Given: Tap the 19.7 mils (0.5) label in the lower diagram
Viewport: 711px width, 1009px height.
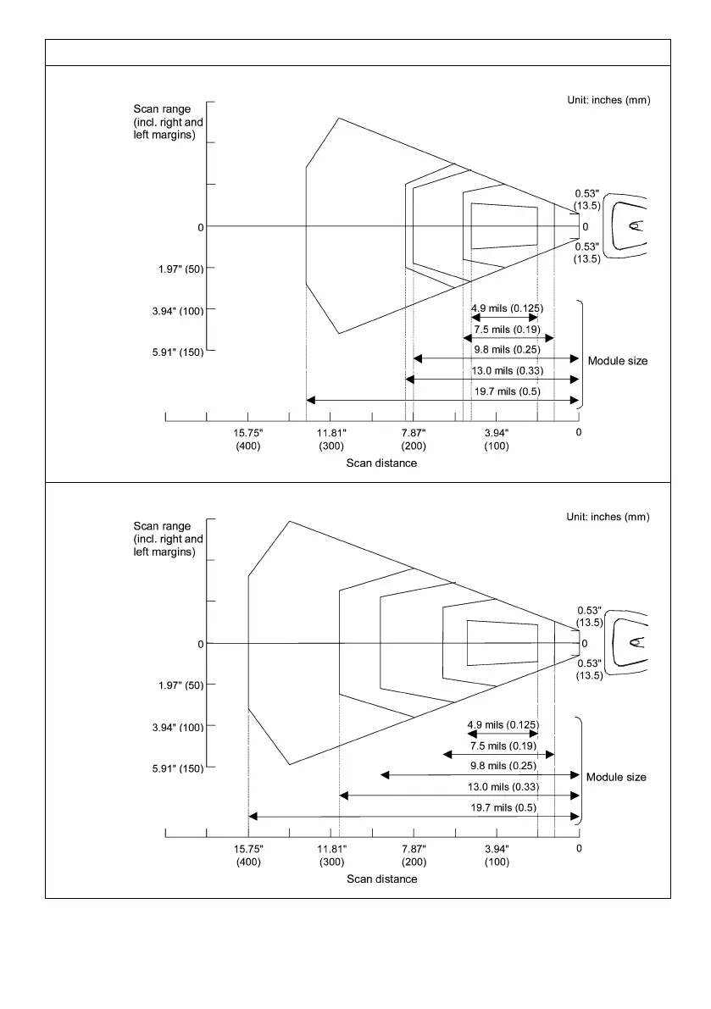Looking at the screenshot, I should [503, 807].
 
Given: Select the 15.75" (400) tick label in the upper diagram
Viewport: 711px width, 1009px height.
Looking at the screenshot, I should [248, 439].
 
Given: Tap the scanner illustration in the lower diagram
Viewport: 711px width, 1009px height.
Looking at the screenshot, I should [630, 642].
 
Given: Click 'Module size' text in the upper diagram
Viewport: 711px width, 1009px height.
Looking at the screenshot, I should [617, 361].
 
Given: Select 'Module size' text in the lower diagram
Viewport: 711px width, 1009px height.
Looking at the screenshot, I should [616, 777].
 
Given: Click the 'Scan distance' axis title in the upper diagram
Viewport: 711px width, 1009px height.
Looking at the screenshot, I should [381, 463].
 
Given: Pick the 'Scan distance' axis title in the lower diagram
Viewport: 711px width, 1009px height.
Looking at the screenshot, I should [381, 879].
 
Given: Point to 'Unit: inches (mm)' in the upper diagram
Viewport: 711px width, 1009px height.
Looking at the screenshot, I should [608, 101].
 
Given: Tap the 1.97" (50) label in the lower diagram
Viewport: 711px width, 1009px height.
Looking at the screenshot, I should [176, 685].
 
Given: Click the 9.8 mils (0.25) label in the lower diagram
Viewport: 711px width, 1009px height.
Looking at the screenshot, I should [503, 766].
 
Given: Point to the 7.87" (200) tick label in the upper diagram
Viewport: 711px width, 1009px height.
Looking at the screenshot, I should [414, 439].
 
